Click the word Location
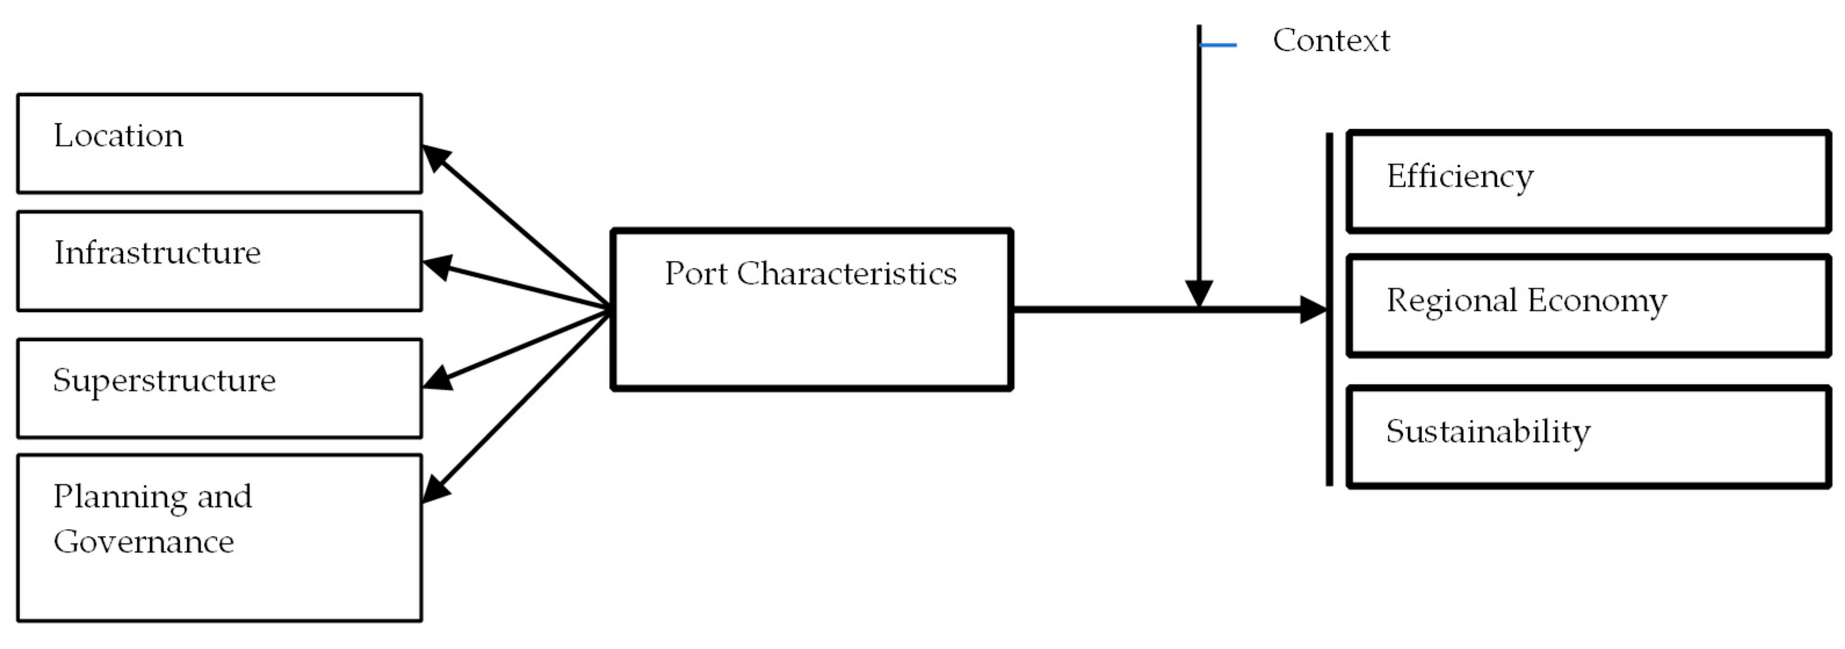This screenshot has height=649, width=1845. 118,135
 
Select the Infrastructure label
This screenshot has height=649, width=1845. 158,252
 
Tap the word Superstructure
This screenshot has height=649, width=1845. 164,380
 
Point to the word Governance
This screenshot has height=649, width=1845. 143,542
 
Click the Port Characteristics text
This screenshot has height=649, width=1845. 810,274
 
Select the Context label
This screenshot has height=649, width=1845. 1331,40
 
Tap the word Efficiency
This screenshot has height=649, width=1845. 1460,177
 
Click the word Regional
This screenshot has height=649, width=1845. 1451,301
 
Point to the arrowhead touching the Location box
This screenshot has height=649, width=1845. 436,157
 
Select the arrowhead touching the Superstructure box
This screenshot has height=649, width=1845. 437,378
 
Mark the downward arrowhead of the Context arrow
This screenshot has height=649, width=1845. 1199,293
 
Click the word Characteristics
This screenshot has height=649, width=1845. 847,274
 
